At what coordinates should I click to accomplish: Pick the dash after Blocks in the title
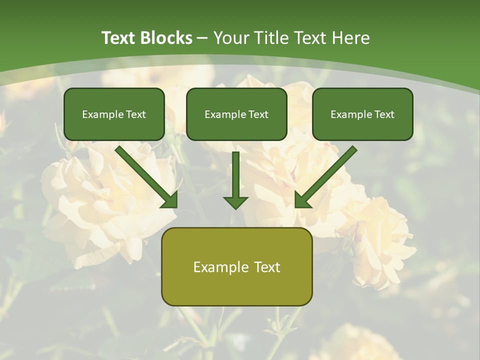(202, 38)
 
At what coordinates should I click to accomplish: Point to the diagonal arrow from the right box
(327, 175)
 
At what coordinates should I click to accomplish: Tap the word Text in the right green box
(384, 114)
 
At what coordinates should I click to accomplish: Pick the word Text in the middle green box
(258, 114)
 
